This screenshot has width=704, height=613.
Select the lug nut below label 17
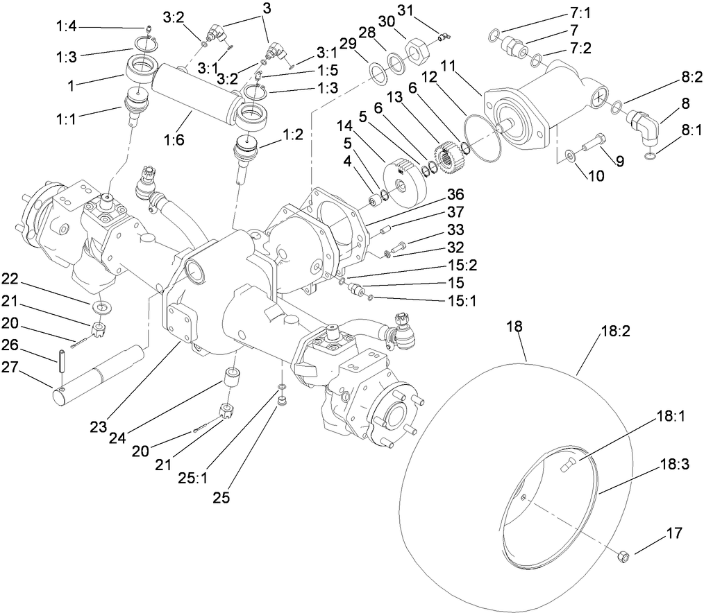(x=623, y=555)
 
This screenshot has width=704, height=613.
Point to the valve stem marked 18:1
(x=566, y=468)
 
